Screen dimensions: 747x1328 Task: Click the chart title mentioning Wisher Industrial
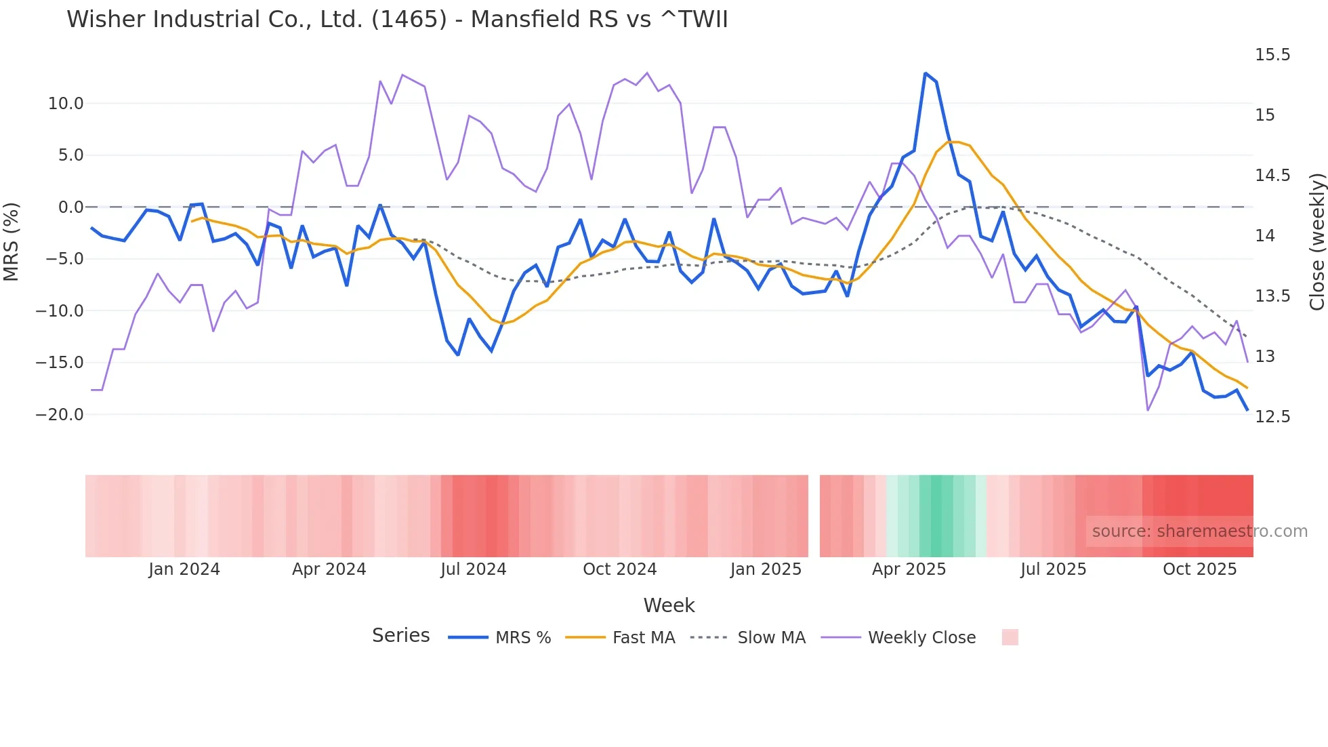coord(397,20)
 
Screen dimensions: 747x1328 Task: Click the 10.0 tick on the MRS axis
coord(66,104)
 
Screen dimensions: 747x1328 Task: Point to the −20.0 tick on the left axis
coord(60,415)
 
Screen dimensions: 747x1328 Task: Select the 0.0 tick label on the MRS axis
coord(70,207)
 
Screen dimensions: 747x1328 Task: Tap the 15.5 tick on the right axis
coord(1272,55)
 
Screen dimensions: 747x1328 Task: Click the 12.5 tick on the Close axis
coord(1272,417)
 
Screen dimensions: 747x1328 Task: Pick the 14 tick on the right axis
coord(1264,236)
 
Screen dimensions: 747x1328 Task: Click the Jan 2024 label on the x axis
coord(184,569)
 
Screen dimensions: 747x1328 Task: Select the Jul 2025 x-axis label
coord(1053,569)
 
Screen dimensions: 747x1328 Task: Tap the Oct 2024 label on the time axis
coord(619,569)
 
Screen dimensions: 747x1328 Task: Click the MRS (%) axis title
coord(12,241)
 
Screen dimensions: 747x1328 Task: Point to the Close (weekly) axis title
coord(1316,242)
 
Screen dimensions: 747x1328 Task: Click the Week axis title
coord(669,605)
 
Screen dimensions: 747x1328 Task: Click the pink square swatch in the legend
coord(1010,637)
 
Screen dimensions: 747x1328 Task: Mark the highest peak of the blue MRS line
coord(925,73)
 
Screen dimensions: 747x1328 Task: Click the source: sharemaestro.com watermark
coord(1199,531)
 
